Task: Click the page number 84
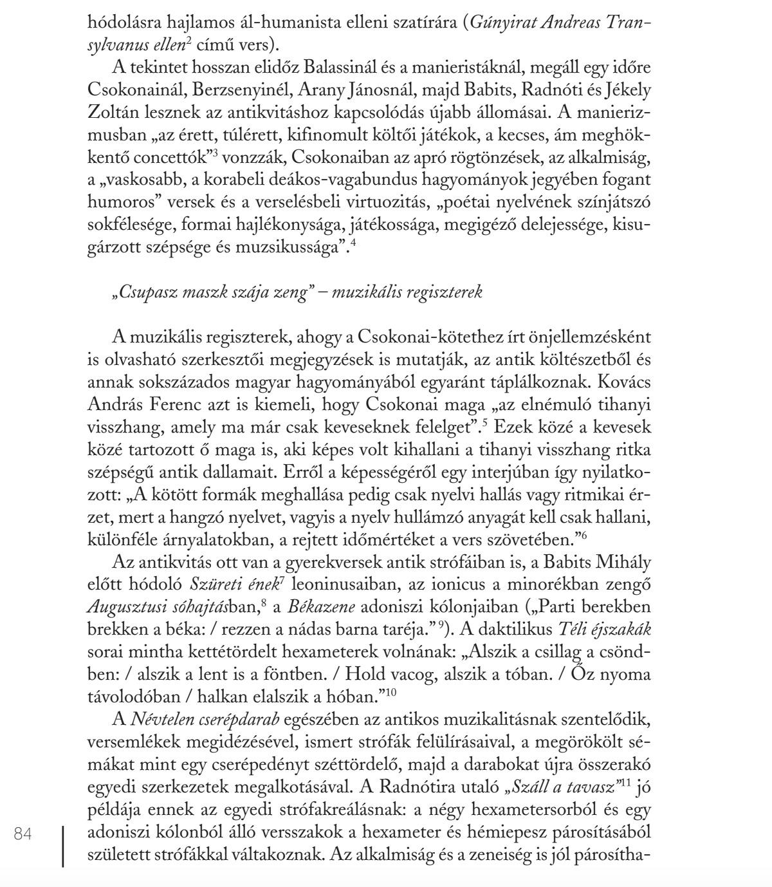(x=23, y=834)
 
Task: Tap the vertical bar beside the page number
(x=63, y=846)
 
